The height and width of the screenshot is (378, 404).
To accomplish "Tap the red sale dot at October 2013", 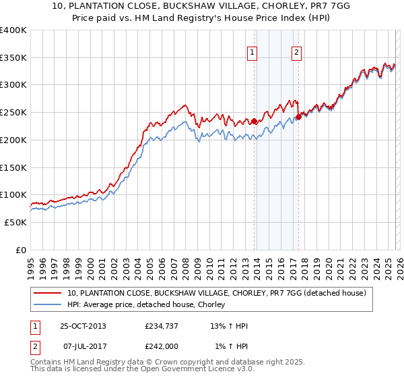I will coord(255,122).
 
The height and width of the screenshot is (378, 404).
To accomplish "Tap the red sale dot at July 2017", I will coord(298,117).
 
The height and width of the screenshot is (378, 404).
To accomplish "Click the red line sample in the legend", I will coord(48,294).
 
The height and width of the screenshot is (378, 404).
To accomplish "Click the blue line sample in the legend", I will coord(48,305).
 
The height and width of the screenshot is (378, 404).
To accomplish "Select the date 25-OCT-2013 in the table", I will coord(83,326).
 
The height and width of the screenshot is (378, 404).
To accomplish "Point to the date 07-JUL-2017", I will coord(83,346).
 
